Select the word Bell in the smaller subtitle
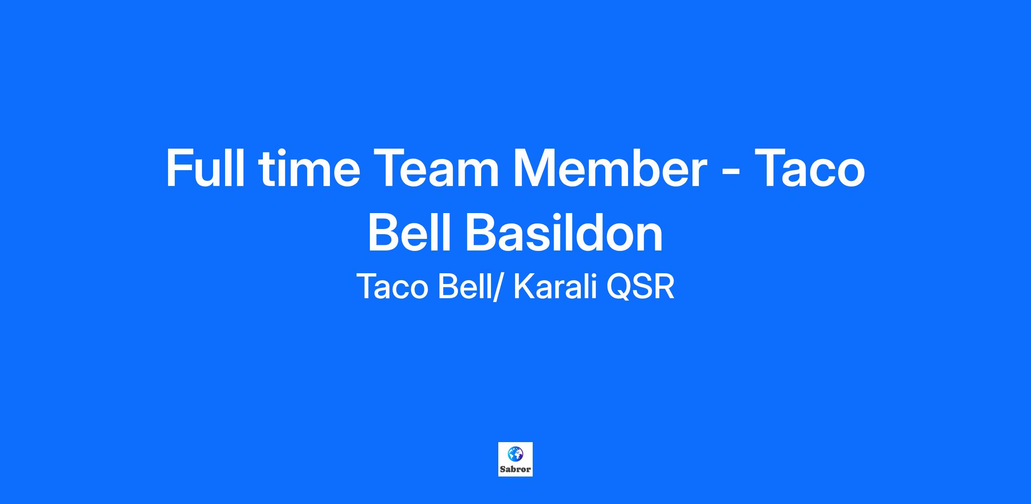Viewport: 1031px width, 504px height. [x=464, y=287]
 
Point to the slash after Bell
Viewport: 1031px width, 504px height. [x=497, y=287]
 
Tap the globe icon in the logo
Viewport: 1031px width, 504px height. [x=515, y=454]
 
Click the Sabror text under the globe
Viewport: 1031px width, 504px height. [x=515, y=469]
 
